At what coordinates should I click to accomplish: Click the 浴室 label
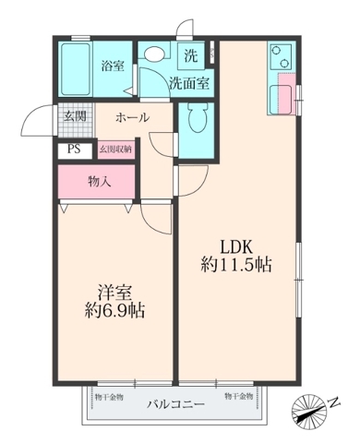(112, 66)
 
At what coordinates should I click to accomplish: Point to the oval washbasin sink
(155, 54)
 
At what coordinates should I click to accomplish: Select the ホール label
(134, 118)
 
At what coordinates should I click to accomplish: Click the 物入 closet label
(100, 181)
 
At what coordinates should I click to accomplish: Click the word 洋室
(115, 292)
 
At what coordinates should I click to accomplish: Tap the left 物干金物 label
(106, 395)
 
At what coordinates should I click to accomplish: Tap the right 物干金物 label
(237, 395)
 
